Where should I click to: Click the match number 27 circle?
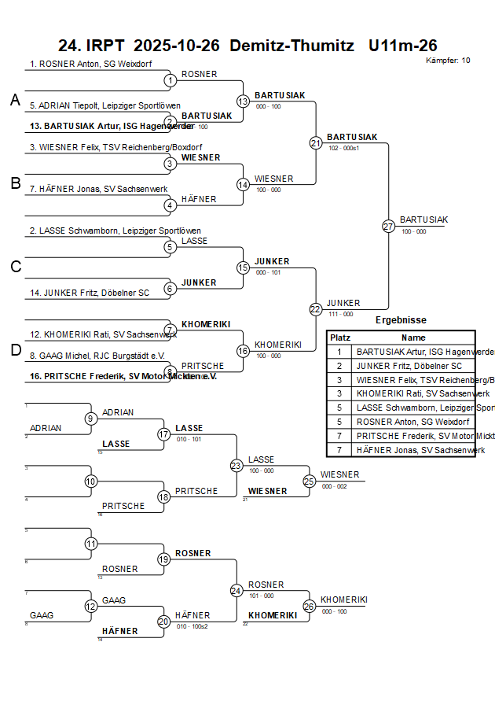point(388,226)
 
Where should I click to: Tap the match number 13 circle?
point(243,101)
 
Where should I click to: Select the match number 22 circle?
point(316,309)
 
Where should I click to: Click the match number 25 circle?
point(310,481)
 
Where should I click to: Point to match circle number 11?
point(91,544)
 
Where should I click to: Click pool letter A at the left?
point(15,100)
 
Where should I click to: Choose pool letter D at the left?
point(15,350)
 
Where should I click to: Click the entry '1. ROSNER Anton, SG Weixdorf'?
point(90,64)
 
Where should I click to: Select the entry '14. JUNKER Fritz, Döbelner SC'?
point(89,293)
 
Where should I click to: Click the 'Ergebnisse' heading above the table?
point(401,320)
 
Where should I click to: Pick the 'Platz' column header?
point(340,337)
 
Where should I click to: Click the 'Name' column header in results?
point(413,337)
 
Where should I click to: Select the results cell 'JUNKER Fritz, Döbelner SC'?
point(409,366)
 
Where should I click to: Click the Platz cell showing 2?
point(339,366)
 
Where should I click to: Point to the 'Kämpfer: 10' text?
point(448,61)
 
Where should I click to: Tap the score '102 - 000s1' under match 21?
point(343,147)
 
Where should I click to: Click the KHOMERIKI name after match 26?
point(344,600)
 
